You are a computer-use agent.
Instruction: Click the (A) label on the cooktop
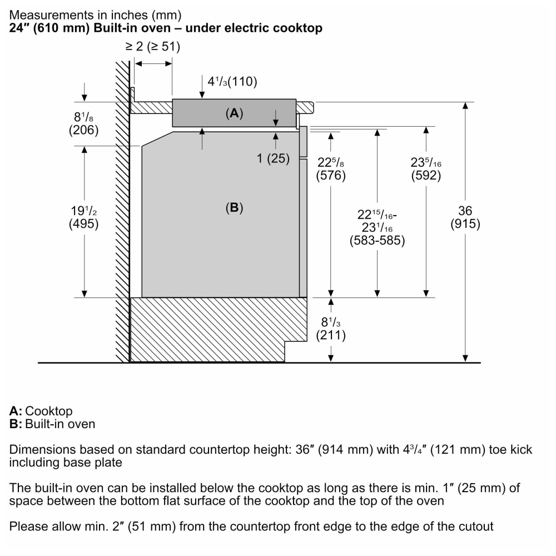235,113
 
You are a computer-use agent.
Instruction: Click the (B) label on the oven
235,207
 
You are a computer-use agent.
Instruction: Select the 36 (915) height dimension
465,217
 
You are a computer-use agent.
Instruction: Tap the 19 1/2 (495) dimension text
84,217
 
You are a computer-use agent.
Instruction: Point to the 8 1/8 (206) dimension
84,123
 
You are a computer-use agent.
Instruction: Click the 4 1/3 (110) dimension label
232,81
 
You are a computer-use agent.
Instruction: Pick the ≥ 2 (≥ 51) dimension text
152,47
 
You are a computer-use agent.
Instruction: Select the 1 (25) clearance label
273,158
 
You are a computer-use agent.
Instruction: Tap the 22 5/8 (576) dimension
331,169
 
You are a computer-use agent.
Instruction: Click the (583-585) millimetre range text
378,240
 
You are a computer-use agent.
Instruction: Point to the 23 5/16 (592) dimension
426,169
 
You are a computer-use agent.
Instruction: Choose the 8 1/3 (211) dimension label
331,329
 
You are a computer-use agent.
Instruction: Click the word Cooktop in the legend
48,411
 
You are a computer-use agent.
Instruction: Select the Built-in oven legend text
60,424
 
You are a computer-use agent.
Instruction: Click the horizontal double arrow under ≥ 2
153,64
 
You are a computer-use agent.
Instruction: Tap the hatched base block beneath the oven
207,330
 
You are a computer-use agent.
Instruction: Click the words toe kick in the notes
510,450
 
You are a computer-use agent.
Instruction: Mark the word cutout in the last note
471,526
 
